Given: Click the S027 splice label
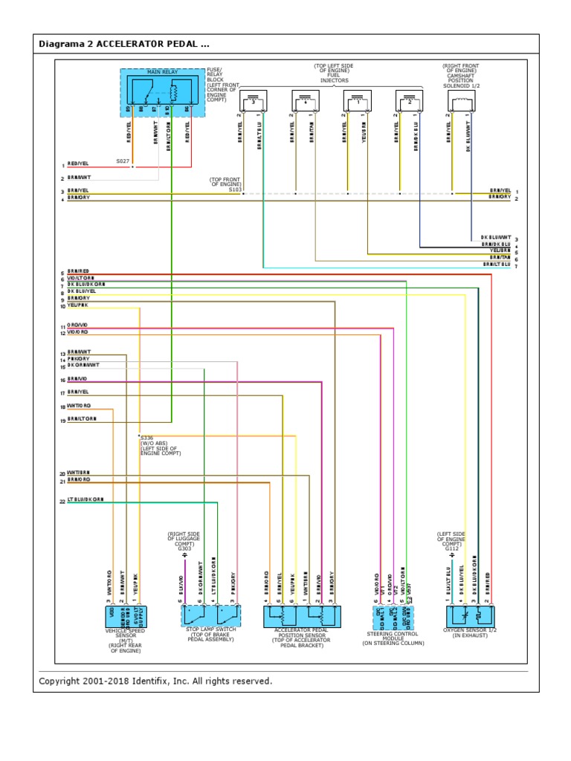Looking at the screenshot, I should tap(122, 161).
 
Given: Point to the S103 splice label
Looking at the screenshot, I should tap(235, 190).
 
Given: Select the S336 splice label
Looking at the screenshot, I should tap(147, 438).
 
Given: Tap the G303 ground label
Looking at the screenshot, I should tap(184, 548).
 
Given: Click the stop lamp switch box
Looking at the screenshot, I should tap(210, 615).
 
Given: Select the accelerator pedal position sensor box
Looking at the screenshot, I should tap(302, 616).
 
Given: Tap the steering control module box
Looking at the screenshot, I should tap(393, 618).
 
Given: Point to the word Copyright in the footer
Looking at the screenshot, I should tap(64, 681).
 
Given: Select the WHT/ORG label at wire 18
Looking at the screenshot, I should tap(79, 407).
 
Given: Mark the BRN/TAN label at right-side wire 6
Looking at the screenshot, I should tap(496, 259).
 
